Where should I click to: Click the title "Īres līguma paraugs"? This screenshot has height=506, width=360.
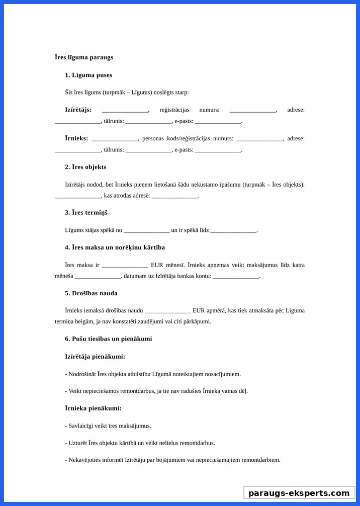point(84,57)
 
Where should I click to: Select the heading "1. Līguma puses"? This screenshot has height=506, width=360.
point(88,75)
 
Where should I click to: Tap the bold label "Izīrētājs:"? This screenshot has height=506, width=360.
point(78,110)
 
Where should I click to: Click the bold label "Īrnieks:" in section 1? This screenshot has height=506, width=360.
point(76,138)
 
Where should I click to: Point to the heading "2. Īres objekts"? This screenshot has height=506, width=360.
point(85,167)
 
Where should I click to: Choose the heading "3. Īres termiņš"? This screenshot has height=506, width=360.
point(86,213)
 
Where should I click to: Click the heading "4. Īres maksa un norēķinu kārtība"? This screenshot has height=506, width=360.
point(115,247)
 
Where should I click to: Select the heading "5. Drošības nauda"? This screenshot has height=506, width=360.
point(91,293)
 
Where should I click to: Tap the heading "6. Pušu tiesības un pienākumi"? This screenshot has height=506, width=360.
point(108,339)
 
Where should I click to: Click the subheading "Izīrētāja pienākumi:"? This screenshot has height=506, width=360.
point(95,357)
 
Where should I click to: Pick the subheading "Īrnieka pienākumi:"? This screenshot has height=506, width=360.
point(93,408)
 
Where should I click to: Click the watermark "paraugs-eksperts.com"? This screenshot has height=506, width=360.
point(299,493)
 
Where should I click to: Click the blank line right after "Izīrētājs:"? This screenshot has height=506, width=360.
point(125,110)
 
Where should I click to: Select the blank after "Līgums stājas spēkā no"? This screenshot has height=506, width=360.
point(146,230)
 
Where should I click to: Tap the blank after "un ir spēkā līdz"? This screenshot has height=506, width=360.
point(233,230)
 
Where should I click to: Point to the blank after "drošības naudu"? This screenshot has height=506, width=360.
point(167,311)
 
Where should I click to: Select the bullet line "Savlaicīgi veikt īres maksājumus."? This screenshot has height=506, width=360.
point(108,426)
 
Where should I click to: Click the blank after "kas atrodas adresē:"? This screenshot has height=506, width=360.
point(174,196)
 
